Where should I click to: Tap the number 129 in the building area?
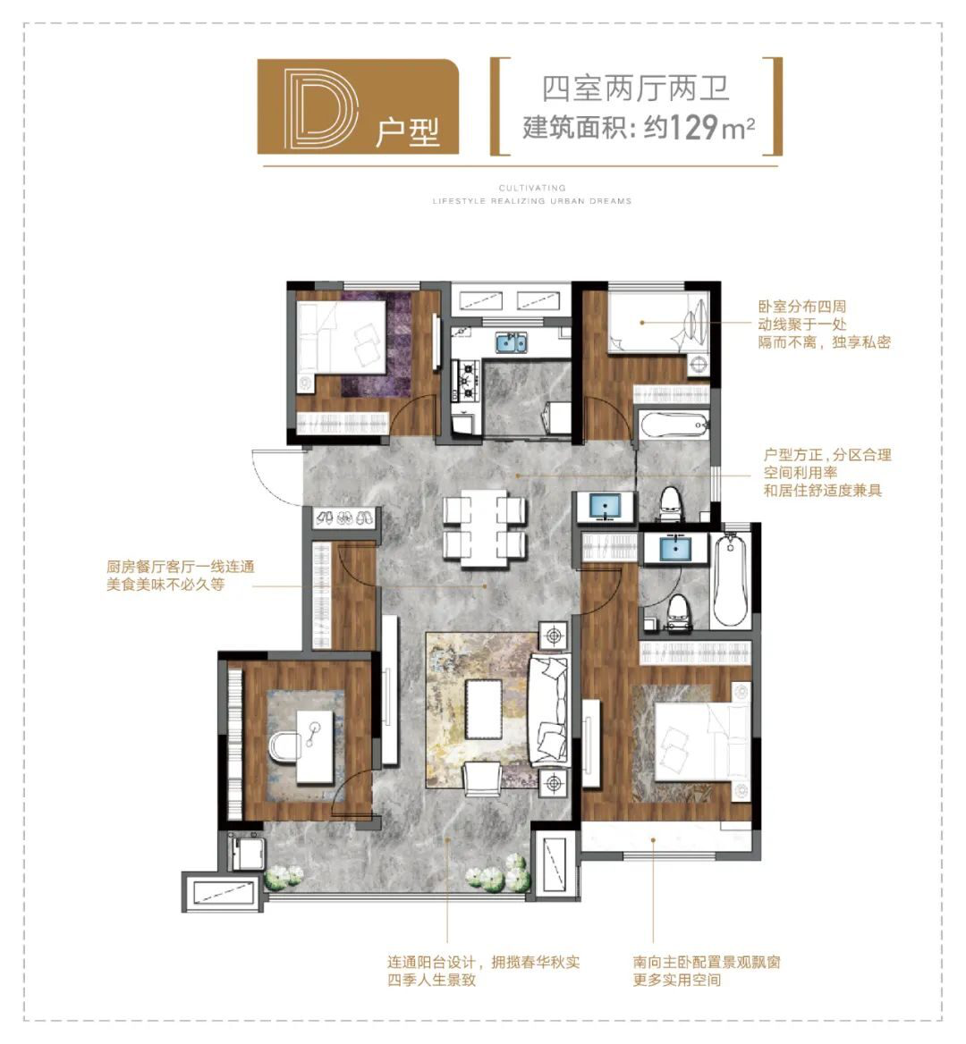tap(693, 127)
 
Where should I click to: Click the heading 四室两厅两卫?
tap(636, 88)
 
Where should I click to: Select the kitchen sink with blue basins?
tap(511, 343)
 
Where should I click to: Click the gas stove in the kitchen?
tap(466, 381)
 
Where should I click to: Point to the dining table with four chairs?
tap(484, 527)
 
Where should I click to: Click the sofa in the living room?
tap(549, 710)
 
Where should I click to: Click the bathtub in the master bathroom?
tap(730, 577)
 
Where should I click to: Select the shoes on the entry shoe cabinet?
tap(343, 518)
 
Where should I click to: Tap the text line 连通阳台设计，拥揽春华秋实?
tap(484, 962)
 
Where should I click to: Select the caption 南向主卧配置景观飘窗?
tap(707, 962)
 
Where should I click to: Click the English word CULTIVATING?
tap(531, 189)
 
